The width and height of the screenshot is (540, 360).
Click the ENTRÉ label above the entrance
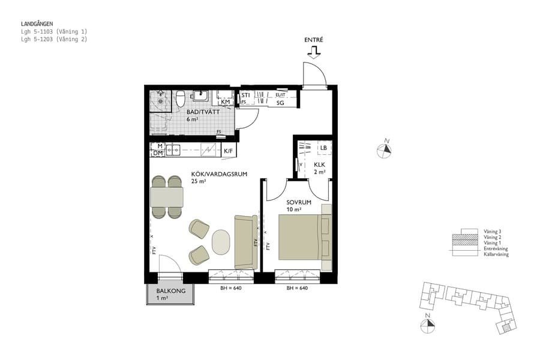314,40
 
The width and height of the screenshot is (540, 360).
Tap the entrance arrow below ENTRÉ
313,53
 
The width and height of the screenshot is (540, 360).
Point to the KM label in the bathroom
226,102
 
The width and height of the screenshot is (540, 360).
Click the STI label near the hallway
245,95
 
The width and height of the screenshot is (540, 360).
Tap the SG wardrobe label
280,103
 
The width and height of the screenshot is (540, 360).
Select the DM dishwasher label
158,154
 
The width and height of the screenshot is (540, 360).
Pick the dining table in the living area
166,196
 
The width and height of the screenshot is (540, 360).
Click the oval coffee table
221,242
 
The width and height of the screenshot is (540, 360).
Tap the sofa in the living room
245,241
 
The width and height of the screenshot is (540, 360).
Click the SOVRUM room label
299,203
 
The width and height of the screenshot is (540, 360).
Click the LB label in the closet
323,148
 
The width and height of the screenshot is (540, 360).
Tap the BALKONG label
170,291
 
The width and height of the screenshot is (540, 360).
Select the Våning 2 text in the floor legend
492,237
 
